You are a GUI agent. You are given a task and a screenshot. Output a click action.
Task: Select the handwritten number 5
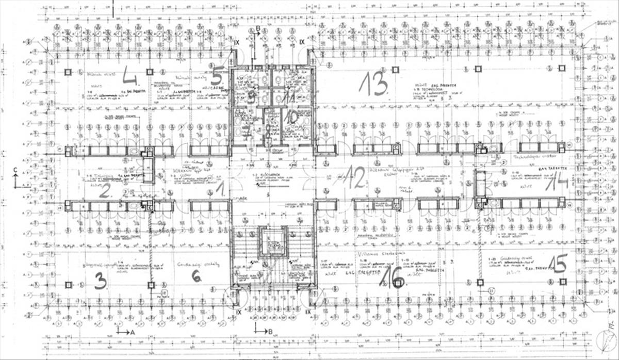(217, 76)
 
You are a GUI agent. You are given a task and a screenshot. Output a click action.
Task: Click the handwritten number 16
(392, 279)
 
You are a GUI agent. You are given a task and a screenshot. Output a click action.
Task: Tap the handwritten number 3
(101, 280)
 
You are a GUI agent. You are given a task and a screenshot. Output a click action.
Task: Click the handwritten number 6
(197, 276)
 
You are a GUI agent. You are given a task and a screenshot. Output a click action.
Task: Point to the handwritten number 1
(220, 189)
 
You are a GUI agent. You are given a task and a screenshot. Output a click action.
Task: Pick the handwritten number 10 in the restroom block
(292, 117)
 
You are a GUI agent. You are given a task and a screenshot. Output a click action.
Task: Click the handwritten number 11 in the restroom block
(289, 95)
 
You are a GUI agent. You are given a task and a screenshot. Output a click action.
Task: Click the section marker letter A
(132, 333)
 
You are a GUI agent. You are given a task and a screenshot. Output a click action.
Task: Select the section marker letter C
(15, 170)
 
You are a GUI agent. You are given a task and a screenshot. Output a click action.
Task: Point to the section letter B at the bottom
(270, 332)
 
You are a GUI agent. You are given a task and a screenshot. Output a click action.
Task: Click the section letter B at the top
(258, 28)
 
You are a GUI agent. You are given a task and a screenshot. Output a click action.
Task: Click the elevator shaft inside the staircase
(273, 242)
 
